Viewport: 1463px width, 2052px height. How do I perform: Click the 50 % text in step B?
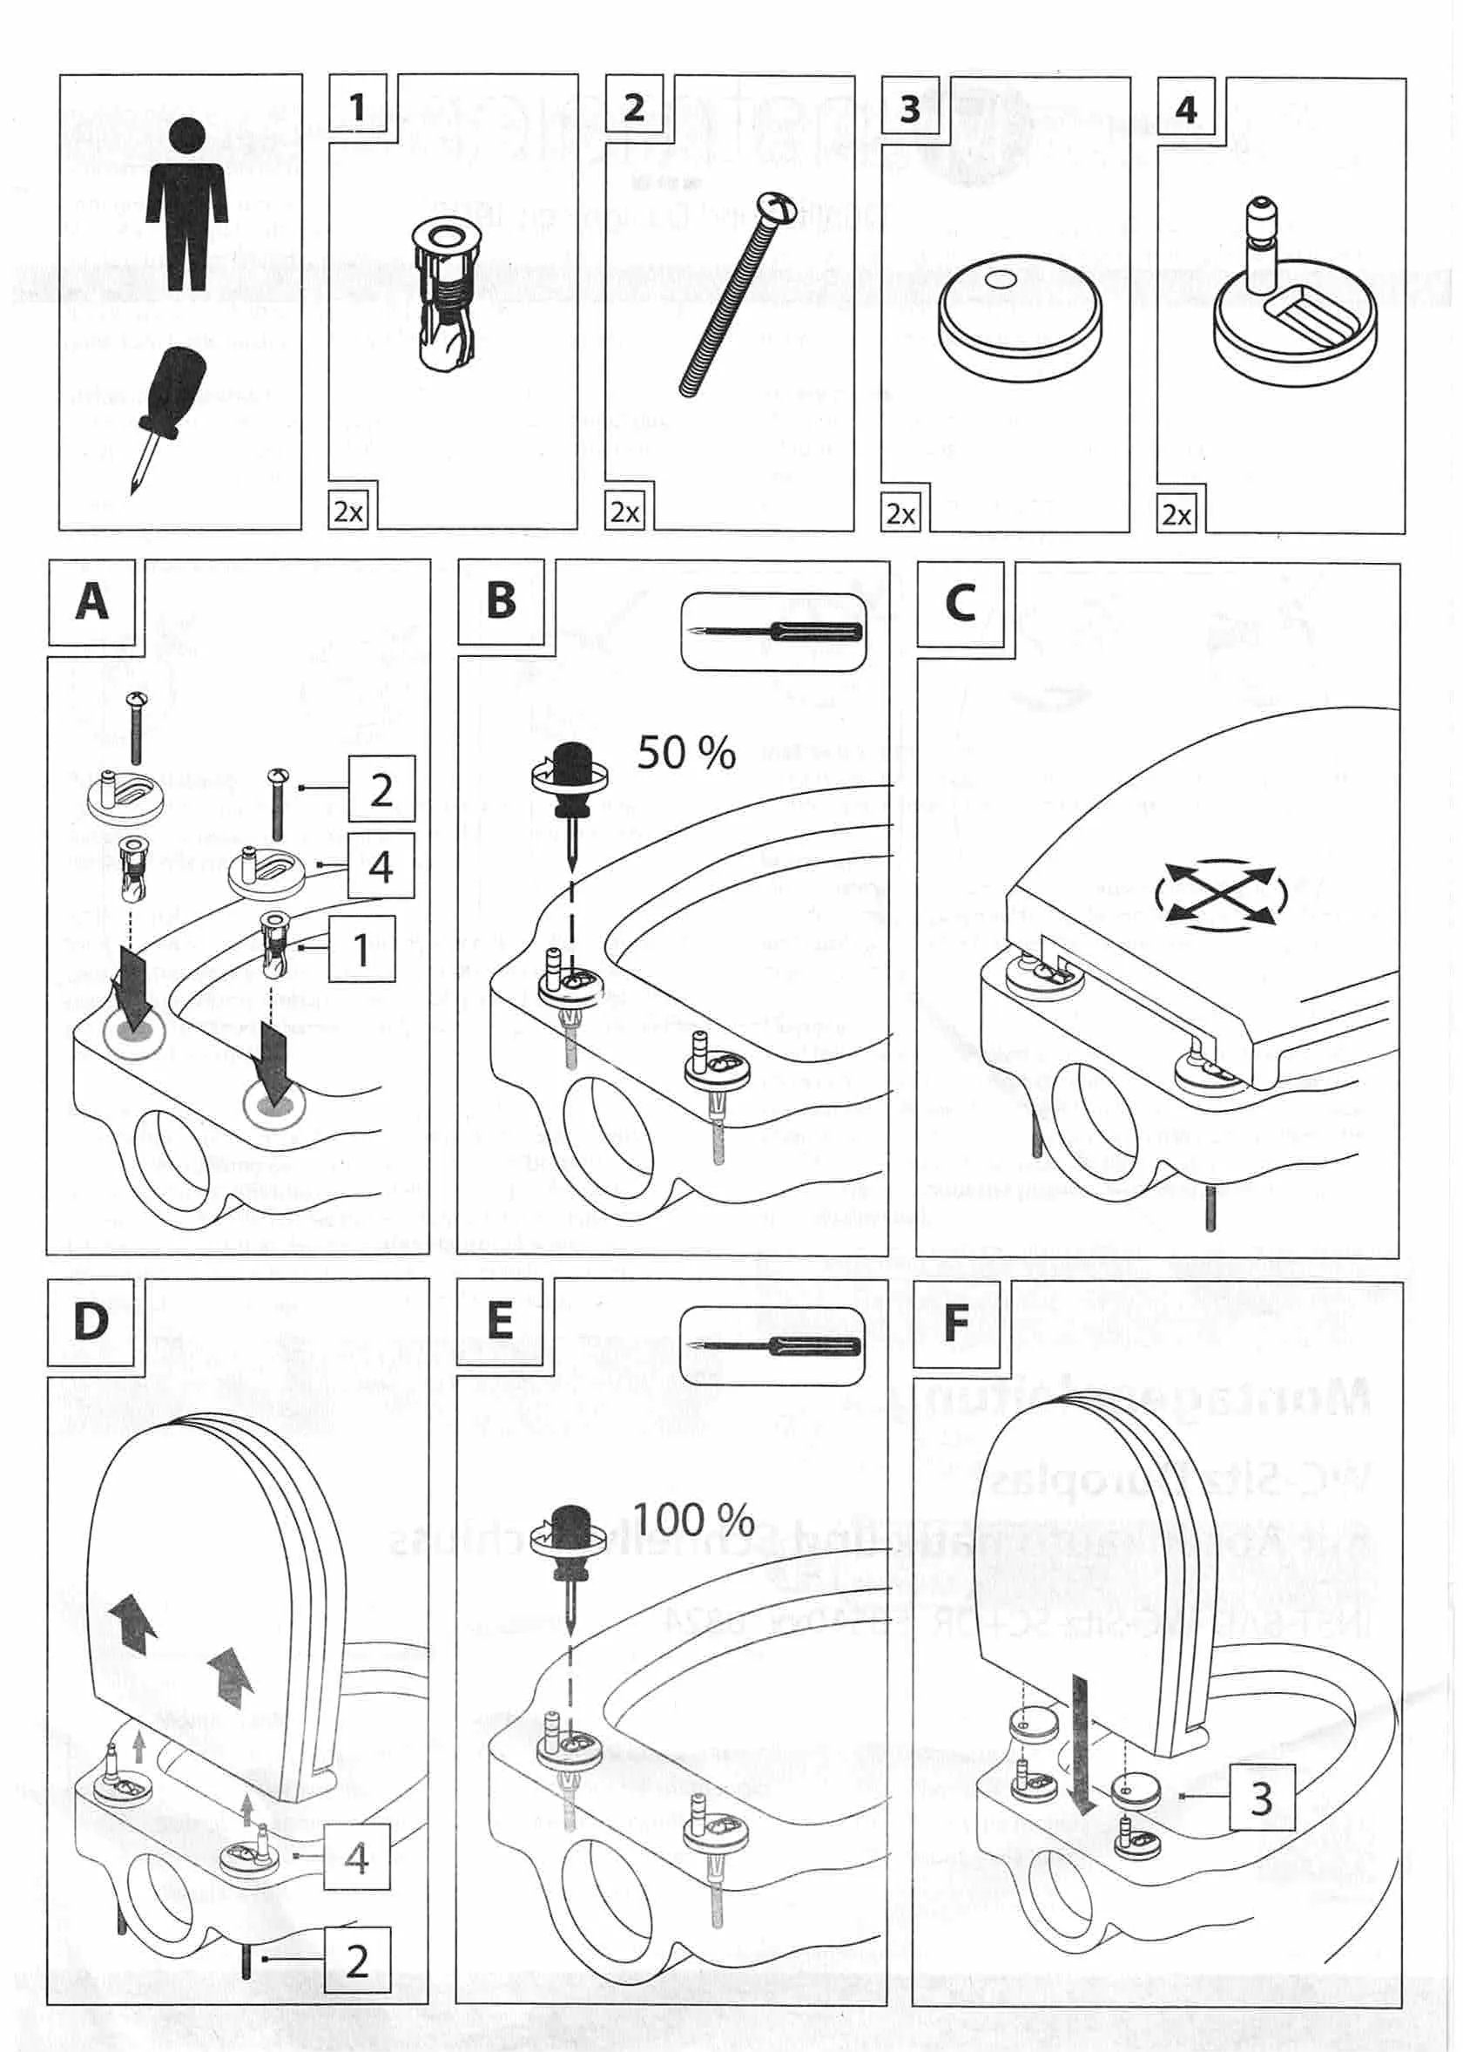coord(686,753)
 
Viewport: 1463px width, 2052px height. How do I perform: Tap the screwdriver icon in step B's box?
coord(774,631)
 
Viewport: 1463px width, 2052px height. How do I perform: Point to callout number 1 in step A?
coord(361,950)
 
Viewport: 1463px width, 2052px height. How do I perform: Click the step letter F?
coord(955,1322)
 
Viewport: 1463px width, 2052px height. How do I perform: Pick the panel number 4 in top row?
coord(1185,110)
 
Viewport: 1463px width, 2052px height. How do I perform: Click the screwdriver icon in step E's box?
coord(774,1346)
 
